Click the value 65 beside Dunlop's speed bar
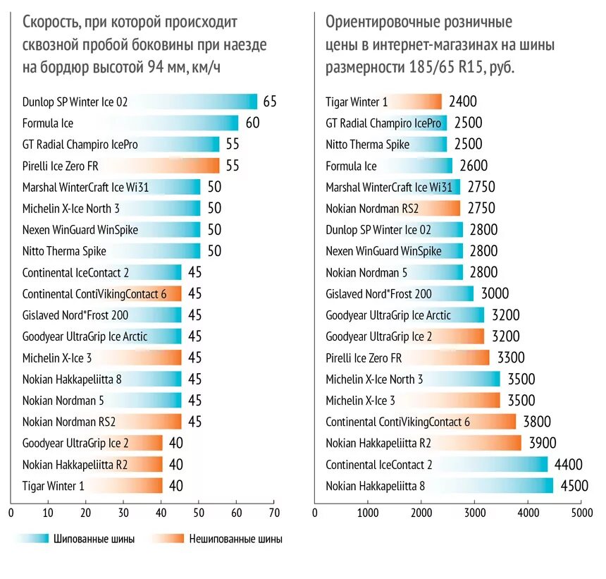coord(270,102)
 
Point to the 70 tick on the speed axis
coord(275,513)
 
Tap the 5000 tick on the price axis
coord(581,513)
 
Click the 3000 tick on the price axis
coord(475,513)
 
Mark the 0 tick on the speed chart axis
coord(10,513)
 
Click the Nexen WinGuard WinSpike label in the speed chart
coord(80,230)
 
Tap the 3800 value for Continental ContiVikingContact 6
coord(537,422)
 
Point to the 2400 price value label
coord(462,102)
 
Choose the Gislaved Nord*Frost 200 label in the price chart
coord(378,294)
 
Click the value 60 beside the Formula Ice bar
coord(253,123)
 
